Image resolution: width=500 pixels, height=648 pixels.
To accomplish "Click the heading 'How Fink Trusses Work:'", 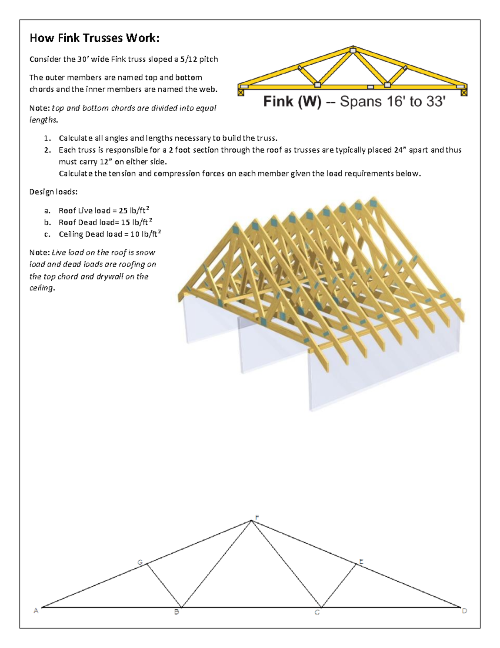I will click(94, 38).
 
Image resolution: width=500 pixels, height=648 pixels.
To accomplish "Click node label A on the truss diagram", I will click(36, 610).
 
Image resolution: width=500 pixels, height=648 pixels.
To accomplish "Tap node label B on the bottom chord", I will click(177, 612).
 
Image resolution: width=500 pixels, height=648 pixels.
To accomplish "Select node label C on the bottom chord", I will click(317, 613).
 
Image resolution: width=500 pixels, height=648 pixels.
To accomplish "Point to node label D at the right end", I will click(464, 611).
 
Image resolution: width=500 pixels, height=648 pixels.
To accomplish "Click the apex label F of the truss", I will click(257, 517).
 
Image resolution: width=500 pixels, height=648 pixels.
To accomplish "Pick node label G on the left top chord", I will click(140, 562).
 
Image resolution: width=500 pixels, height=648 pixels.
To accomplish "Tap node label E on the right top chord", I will click(361, 562).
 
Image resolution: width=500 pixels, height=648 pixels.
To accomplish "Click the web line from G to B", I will click(164, 585).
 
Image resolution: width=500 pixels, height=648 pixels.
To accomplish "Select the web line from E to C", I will click(339, 585).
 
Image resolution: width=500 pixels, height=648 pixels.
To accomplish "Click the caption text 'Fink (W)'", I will click(292, 101).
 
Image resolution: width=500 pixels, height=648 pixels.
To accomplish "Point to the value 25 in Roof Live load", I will click(123, 211).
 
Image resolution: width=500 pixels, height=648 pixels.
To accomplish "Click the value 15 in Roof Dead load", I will click(125, 222).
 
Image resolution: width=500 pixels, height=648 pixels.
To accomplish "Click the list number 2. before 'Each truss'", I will click(47, 150).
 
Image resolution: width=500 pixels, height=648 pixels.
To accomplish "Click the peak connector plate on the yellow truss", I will click(353, 51).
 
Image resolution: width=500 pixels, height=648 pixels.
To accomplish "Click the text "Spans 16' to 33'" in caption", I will click(393, 101).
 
